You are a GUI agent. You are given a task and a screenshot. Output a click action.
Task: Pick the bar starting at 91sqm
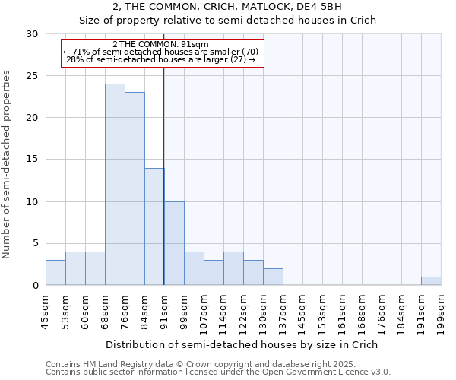[174, 243]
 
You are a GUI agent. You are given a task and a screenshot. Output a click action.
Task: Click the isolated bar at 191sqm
[431, 281]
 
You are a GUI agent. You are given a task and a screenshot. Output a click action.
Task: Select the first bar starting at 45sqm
[55, 273]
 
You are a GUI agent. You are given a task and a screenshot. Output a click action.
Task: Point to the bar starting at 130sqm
[273, 277]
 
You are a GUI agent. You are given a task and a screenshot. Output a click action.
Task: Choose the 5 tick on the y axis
[35, 244]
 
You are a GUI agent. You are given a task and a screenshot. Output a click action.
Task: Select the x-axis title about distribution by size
[242, 344]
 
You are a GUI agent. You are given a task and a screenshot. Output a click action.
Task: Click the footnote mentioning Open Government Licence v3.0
[218, 372]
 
